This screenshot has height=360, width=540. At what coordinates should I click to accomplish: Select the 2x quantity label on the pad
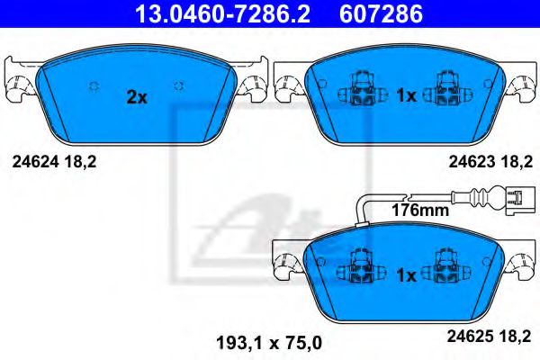(x=136, y=97)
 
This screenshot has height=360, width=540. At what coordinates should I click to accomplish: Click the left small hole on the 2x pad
(x=93, y=85)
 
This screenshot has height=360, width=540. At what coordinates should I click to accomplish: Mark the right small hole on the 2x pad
(x=180, y=85)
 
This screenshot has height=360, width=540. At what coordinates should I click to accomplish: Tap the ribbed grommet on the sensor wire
(x=479, y=195)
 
